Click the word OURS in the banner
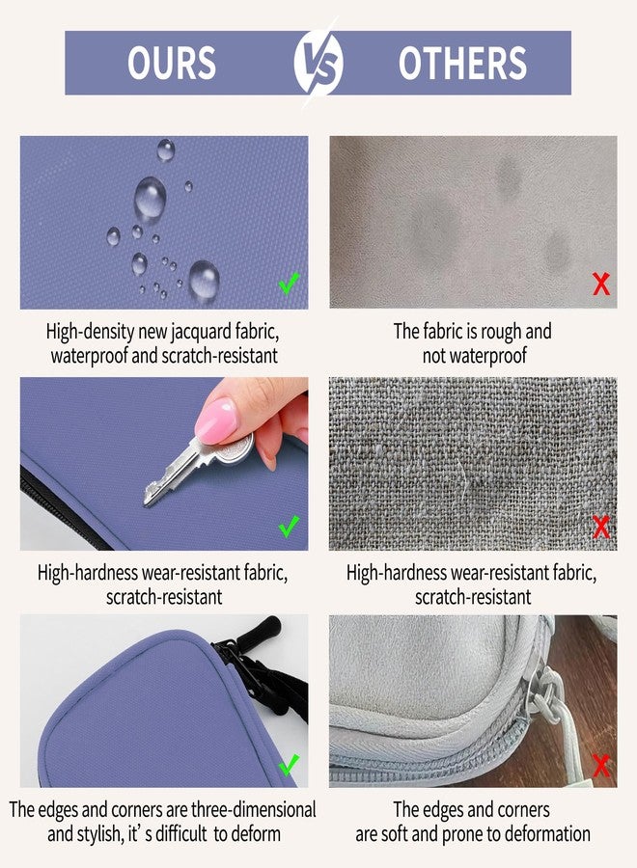(172, 63)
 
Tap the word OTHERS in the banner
(462, 63)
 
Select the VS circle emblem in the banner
(318, 63)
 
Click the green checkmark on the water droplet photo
(290, 283)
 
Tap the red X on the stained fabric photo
(601, 284)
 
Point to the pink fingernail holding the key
(216, 420)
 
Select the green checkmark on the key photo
(290, 526)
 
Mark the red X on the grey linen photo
(601, 527)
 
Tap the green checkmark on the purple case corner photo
(290, 765)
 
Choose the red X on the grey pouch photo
(601, 766)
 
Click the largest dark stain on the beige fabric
(436, 230)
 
